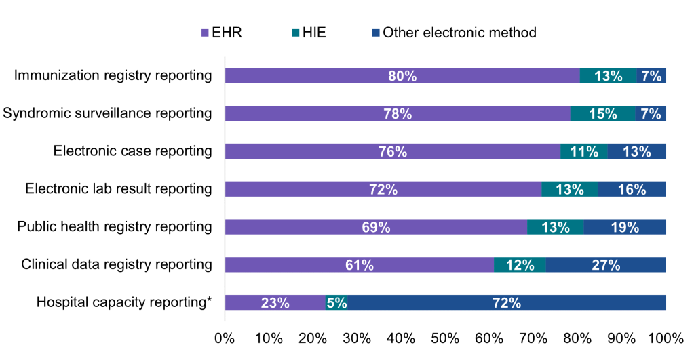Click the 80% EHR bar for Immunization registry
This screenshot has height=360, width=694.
click(x=402, y=76)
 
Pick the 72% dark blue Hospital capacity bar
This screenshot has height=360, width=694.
click(x=507, y=303)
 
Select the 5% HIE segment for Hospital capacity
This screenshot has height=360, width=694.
click(x=337, y=303)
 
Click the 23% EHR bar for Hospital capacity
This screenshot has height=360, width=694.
click(x=275, y=303)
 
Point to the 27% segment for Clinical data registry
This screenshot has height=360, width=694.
click(x=606, y=265)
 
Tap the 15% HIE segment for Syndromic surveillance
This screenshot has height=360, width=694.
click(x=602, y=114)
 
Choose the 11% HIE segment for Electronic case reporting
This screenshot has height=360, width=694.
click(x=584, y=151)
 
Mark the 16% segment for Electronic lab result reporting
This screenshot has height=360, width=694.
click(x=632, y=189)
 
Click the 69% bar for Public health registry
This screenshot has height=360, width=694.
click(x=376, y=227)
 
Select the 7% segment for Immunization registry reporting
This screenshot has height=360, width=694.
click(x=651, y=76)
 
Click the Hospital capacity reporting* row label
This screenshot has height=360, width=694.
click(x=124, y=302)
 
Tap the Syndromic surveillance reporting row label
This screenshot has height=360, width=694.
click(x=107, y=113)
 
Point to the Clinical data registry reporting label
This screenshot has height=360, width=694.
click(x=117, y=264)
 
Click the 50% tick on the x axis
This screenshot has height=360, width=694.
click(x=444, y=338)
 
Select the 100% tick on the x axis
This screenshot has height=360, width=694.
click(x=666, y=338)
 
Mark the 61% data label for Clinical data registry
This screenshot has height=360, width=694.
click(x=360, y=265)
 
